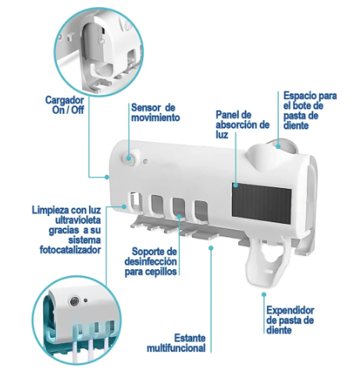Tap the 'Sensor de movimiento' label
click(x=155, y=112)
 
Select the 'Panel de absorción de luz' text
click(x=242, y=125)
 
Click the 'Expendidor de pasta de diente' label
click(x=290, y=320)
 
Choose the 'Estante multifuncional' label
click(x=176, y=343)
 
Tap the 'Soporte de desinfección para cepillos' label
click(x=151, y=261)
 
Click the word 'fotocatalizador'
click(x=70, y=250)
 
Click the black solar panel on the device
click(x=262, y=203)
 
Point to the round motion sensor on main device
click(x=129, y=158)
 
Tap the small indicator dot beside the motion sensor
click(x=145, y=161)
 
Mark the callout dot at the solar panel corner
click(x=235, y=185)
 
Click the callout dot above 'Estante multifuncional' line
click(x=211, y=248)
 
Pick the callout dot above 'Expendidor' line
click(x=264, y=295)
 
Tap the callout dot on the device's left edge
click(x=107, y=177)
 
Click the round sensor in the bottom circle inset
click(x=75, y=301)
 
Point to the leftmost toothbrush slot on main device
click(x=136, y=202)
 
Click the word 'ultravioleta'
click(x=78, y=220)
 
